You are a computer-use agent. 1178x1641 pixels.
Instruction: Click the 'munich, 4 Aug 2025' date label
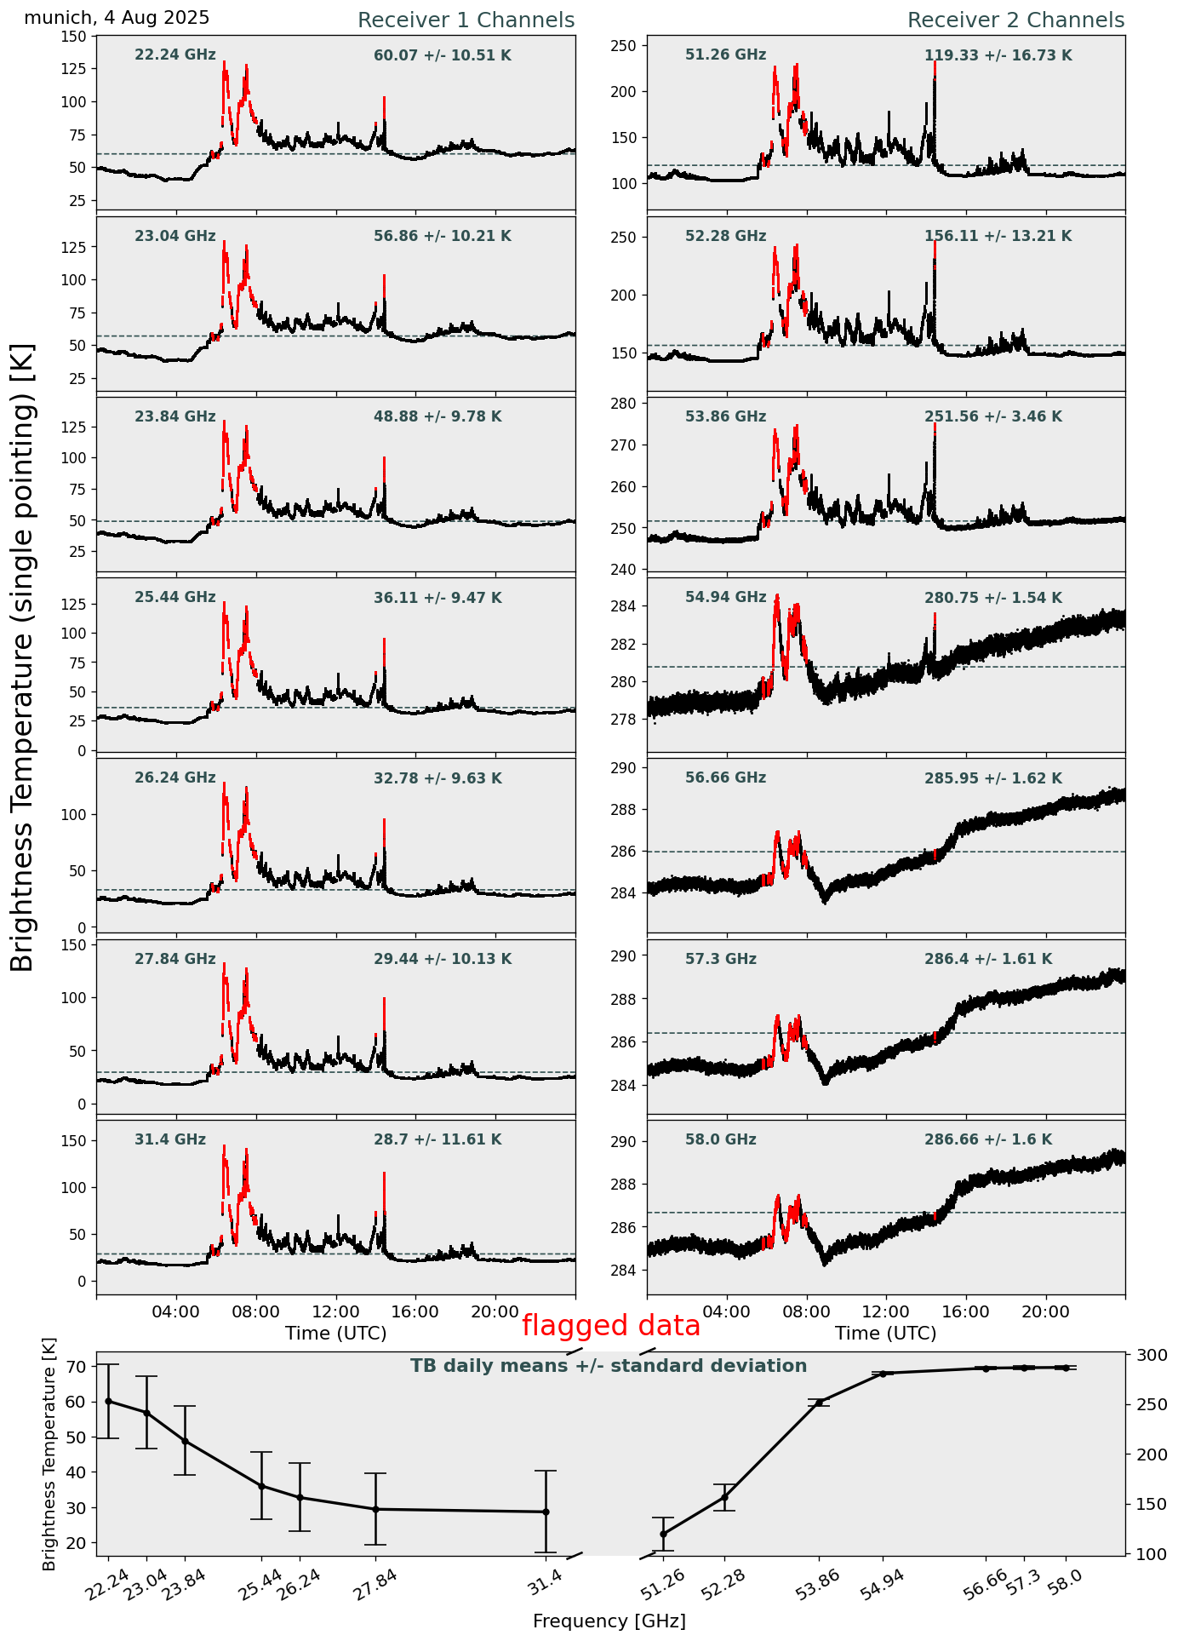coord(117,18)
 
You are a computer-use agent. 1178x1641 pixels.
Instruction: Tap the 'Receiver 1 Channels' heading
coord(466,20)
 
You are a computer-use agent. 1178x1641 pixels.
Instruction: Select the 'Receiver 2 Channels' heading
coord(1015,20)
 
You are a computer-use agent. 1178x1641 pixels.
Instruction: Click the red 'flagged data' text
coord(611,1326)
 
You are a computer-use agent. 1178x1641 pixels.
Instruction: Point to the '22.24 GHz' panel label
coord(175,55)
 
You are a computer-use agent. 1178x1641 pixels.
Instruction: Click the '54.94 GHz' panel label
coord(725,598)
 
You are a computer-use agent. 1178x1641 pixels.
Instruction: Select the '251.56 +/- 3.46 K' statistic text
coord(992,417)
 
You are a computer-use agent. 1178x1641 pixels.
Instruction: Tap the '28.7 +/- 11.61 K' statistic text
coord(437,1139)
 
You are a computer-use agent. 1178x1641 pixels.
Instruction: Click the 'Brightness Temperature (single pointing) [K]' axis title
coord(23,657)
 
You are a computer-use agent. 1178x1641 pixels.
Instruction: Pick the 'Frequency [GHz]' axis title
coord(609,1621)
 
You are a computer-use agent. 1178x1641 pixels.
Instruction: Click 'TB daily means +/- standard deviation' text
coord(609,1367)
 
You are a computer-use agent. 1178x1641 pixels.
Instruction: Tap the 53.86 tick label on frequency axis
coord(817,1587)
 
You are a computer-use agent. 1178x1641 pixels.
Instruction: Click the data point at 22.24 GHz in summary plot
coord(108,1401)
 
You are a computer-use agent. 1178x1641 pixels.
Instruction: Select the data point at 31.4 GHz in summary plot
coord(546,1512)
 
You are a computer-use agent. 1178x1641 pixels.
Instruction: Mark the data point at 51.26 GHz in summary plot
coord(663,1534)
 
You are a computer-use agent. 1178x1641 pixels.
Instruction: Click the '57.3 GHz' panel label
coord(720,960)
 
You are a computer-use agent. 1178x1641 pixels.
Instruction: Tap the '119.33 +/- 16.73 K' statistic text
coord(998,56)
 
